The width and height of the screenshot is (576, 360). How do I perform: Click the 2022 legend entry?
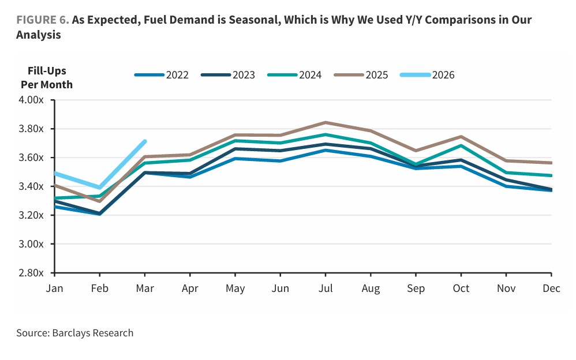pyautogui.click(x=162, y=75)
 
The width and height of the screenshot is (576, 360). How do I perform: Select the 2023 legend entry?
pyautogui.click(x=228, y=75)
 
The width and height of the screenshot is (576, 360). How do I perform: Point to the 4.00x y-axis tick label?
pyautogui.click(x=32, y=100)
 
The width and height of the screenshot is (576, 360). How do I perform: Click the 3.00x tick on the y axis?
pyautogui.click(x=32, y=244)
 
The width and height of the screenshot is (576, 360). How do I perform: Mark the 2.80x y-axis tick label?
pyautogui.click(x=32, y=273)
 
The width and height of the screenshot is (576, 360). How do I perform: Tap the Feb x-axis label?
pyautogui.click(x=100, y=288)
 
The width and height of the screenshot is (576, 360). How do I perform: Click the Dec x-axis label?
pyautogui.click(x=551, y=288)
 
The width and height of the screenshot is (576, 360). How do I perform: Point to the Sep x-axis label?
pyautogui.click(x=416, y=288)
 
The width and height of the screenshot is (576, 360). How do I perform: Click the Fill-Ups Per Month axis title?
pyautogui.click(x=47, y=78)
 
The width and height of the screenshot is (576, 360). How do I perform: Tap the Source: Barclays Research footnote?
pyautogui.click(x=75, y=333)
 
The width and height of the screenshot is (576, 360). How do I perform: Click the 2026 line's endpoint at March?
pyautogui.click(x=145, y=141)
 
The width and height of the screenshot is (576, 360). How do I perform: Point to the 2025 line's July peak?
pyautogui.click(x=326, y=122)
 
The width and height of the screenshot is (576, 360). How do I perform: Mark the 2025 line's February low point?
pyautogui.click(x=100, y=201)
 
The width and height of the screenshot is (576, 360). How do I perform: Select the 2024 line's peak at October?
pyautogui.click(x=461, y=145)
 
